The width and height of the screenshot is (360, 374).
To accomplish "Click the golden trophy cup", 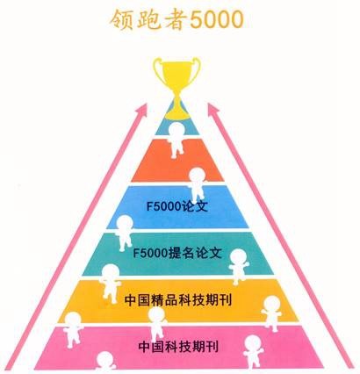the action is pos(177,88).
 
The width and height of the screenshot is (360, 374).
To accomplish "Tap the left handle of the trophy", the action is pos(159,70).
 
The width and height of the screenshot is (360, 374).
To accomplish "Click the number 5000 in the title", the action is pos(217,20).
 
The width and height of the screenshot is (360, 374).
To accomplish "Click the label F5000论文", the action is pos(177,206).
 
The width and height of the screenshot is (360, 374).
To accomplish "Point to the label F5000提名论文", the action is pos(177,253).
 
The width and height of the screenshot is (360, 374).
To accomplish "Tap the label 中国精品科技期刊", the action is pos(178,300).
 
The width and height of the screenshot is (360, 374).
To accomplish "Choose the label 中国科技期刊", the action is pos(178,347).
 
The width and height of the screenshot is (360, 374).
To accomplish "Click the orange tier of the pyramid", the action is pos(177,160).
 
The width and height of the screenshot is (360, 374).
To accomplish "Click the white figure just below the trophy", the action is pos(176,140).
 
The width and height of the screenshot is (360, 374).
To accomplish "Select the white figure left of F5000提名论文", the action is pos(124,233).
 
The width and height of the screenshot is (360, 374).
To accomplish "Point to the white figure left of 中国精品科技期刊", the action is pos(110,284).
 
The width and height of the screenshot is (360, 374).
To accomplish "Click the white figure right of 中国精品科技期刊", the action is pos(272,313).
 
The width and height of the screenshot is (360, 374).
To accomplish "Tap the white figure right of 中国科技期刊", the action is pos(253,351).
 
